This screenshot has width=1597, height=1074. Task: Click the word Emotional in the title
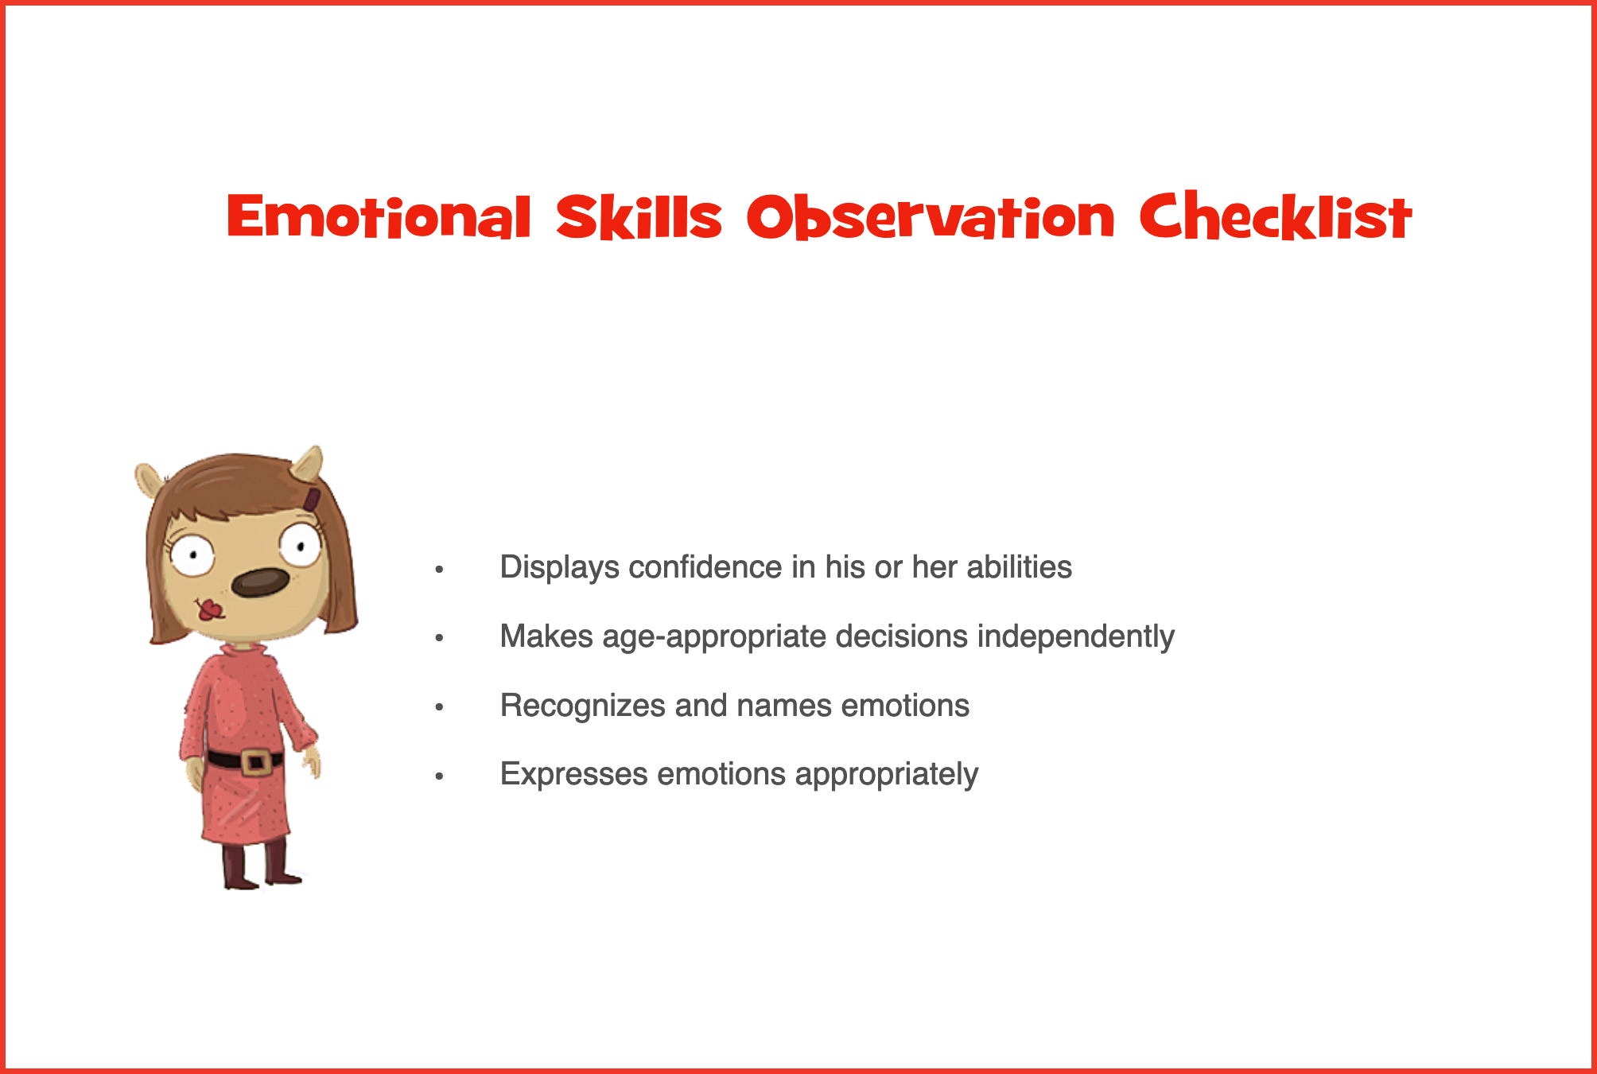pos(379,216)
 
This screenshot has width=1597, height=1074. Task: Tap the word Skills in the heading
pos(639,216)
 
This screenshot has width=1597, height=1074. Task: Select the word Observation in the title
pos(931,216)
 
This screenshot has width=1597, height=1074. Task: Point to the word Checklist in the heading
pos(1276,216)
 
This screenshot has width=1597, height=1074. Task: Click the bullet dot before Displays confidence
pos(439,570)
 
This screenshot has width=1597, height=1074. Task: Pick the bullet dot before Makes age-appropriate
pos(439,638)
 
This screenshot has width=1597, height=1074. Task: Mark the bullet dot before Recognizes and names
pos(439,707)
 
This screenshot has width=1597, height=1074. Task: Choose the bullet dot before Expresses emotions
pos(439,776)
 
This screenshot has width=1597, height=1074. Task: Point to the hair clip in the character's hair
pos(312,500)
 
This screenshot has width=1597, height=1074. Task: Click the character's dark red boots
pos(261,864)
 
